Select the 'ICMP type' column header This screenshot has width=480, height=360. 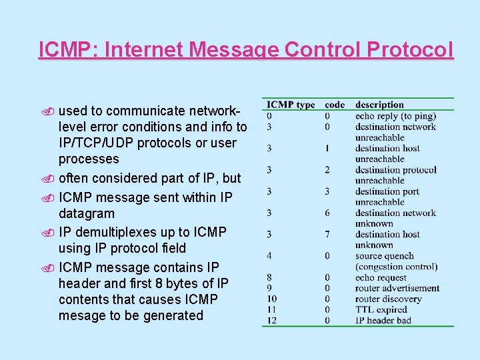291,105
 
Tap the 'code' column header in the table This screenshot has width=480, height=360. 335,105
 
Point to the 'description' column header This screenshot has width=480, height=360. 379,105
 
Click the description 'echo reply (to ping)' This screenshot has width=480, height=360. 395,116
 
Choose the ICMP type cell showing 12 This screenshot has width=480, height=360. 272,321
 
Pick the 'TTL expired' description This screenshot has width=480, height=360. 381,310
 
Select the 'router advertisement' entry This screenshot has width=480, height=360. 397,289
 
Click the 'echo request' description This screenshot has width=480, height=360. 381,278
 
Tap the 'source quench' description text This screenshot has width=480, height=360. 384,256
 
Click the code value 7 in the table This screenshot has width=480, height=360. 328,235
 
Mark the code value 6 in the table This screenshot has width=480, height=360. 328,213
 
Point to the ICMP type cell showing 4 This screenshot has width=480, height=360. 269,256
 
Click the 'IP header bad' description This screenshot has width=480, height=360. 383,321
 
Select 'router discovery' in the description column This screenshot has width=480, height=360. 389,299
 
